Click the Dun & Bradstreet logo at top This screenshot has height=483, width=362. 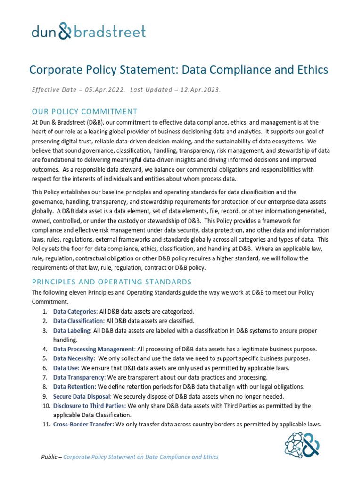click(89, 31)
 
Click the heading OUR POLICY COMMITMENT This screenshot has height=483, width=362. click(84, 112)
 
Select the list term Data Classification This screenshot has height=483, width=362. click(78, 321)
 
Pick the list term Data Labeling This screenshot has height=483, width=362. click(72, 331)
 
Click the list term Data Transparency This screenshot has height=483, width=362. click(79, 378)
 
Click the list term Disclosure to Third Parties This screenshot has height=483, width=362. click(89, 406)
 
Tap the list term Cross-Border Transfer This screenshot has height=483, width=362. click(83, 425)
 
